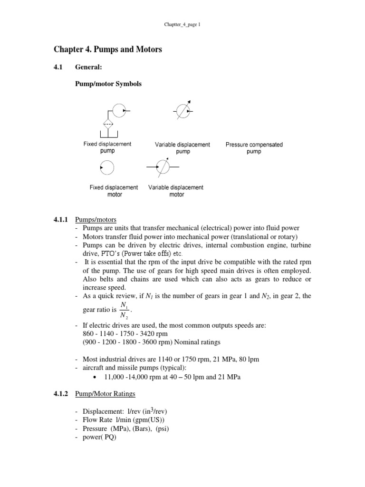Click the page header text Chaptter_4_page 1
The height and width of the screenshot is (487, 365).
[183, 24]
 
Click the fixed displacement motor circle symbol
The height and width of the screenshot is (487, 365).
[106, 168]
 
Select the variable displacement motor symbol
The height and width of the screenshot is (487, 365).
[163, 167]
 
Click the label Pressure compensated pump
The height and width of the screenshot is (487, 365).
[254, 148]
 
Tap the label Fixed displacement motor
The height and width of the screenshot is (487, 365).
[114, 191]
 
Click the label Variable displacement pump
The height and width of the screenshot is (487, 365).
[182, 148]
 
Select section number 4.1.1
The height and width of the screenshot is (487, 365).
[61, 220]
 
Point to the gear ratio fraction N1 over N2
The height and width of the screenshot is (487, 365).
[124, 310]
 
